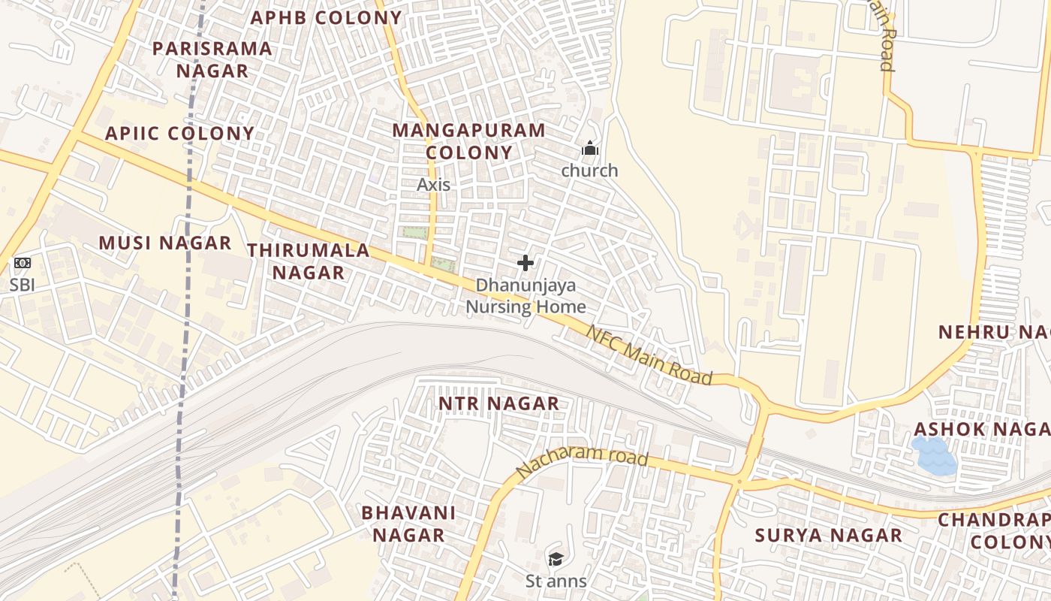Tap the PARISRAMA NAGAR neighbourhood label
[x=212, y=59]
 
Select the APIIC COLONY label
[x=180, y=134]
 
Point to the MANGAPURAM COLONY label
[x=469, y=141]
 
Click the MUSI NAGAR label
[x=165, y=243]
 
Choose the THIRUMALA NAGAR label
[x=309, y=261]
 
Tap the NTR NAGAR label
[x=498, y=403]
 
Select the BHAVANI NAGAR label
[x=408, y=524]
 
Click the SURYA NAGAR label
[x=828, y=535]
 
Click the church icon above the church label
[x=590, y=149]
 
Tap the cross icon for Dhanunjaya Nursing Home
[x=525, y=263]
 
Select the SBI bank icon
[x=23, y=263]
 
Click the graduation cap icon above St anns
[x=556, y=559]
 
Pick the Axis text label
[x=433, y=184]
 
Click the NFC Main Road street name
[x=649, y=355]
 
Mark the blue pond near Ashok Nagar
[x=933, y=456]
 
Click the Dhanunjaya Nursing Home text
[x=525, y=296]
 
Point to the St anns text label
[x=556, y=581]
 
